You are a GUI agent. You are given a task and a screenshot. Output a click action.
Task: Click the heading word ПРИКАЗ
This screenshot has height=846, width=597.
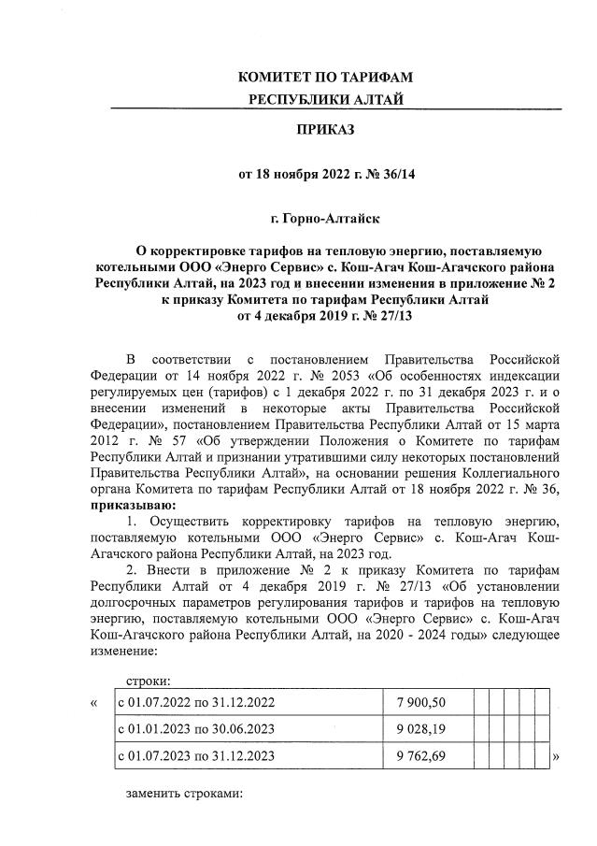[325, 129]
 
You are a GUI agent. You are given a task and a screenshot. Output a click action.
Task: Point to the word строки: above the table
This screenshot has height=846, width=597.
[148, 681]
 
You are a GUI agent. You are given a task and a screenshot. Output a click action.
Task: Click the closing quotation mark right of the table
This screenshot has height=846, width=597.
[557, 755]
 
